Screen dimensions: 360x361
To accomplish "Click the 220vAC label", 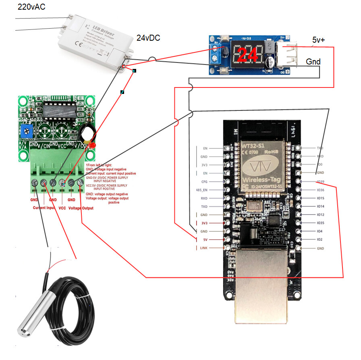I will pos(31,7).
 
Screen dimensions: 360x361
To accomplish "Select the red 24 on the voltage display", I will pos(247,55).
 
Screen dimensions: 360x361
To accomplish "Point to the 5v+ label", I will pos(320,40).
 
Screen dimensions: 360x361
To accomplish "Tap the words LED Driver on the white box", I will pos(96,27).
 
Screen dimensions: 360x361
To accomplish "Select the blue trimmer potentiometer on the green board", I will pos(28,129).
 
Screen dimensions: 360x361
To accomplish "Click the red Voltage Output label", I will pos(81,208).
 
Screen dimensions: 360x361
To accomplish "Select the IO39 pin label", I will pos(320,181).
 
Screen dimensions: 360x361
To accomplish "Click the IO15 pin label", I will pos(320,198).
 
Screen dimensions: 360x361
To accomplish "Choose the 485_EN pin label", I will pos(202,190).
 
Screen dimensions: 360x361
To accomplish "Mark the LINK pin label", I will pos(203,248).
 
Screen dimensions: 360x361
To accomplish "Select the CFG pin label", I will pos(204,181).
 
